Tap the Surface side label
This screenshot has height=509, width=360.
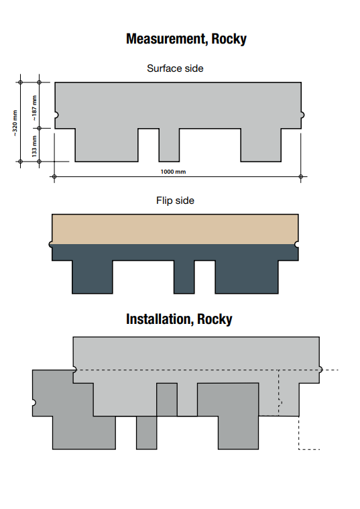click(x=175, y=68)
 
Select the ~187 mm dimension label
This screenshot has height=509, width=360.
click(x=34, y=106)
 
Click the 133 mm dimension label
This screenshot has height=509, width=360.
click(x=34, y=145)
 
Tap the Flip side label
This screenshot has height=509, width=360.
click(x=175, y=201)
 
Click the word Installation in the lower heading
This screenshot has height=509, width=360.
click(x=159, y=319)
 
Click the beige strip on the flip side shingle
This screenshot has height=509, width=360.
click(x=175, y=229)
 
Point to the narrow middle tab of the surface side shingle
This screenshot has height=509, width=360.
click(x=169, y=145)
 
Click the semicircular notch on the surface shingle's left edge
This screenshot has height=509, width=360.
click(x=57, y=115)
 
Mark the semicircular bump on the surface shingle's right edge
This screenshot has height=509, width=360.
click(x=302, y=115)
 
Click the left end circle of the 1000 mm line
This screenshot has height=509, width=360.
click(x=54, y=177)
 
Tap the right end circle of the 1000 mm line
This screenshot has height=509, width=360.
click(x=301, y=177)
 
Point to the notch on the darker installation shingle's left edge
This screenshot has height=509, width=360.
click(x=34, y=402)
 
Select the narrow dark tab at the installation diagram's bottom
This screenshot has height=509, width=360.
click(x=146, y=433)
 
